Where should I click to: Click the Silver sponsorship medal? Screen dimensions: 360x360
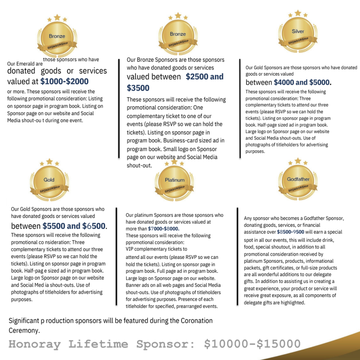[x=298, y=34]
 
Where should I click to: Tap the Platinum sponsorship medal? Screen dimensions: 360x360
[x=174, y=181]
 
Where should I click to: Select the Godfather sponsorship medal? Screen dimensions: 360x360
[x=298, y=181]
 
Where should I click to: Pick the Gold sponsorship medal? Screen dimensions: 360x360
[x=49, y=181]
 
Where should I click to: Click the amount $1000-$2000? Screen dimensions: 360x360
[x=64, y=82]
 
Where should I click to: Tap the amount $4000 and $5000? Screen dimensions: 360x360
[x=302, y=83]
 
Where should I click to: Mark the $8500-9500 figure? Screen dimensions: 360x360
[x=290, y=232]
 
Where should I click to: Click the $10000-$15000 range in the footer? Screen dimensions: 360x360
[x=252, y=344]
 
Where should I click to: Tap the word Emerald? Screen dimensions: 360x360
[x=25, y=64]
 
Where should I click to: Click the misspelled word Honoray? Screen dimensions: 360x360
[x=34, y=344]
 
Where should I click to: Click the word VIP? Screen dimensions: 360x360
[x=130, y=249]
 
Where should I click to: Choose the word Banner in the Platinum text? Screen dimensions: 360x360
[x=134, y=285]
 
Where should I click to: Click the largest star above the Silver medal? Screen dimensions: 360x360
[x=298, y=13]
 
